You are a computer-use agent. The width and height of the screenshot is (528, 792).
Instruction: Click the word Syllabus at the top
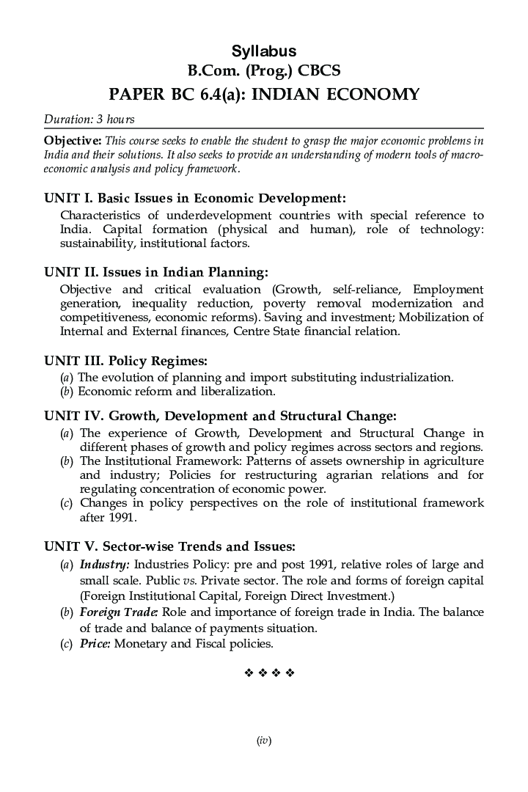(264, 51)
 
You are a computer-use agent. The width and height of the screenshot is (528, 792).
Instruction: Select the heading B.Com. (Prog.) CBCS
(264, 71)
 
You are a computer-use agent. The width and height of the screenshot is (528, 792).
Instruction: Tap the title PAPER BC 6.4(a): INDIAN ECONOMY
(264, 94)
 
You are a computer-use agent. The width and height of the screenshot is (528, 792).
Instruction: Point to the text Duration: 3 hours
(89, 119)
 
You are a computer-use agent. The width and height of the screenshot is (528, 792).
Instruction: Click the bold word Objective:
(73, 140)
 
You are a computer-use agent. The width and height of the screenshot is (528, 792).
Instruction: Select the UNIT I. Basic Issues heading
(194, 198)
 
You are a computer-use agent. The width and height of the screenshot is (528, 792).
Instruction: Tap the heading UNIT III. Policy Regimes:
(125, 361)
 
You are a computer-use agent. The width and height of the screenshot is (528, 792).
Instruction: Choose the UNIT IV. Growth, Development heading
(220, 417)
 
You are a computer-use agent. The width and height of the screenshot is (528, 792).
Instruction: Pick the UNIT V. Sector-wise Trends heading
(170, 546)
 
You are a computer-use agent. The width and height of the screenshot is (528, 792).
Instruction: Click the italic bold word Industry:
(105, 565)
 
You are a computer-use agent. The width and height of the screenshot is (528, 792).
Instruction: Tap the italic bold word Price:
(95, 644)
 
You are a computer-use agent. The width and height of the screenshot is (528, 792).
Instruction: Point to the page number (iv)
(264, 741)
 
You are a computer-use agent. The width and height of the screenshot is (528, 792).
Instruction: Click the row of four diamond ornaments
(268, 672)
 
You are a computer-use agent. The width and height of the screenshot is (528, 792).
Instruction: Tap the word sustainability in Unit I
(98, 243)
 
